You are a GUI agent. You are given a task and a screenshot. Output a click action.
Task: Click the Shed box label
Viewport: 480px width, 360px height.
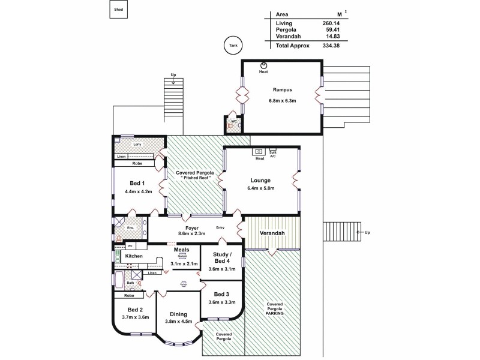pos(119,9)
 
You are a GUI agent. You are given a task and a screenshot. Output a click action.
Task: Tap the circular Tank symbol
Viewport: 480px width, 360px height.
pos(230,45)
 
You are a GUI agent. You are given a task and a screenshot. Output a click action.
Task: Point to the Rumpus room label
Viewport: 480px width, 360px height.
pos(281,91)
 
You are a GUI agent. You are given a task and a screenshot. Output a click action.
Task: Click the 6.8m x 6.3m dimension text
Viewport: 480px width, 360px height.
pos(281,101)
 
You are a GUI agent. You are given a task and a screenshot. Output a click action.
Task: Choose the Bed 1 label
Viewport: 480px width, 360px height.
pos(137,183)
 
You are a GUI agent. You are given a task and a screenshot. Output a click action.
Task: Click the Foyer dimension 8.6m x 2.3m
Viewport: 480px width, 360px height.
pos(193,233)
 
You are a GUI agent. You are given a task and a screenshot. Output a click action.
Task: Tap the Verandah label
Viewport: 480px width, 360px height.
pos(271,233)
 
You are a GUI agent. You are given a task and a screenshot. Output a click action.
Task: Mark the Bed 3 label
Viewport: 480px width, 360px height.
pos(221,293)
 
